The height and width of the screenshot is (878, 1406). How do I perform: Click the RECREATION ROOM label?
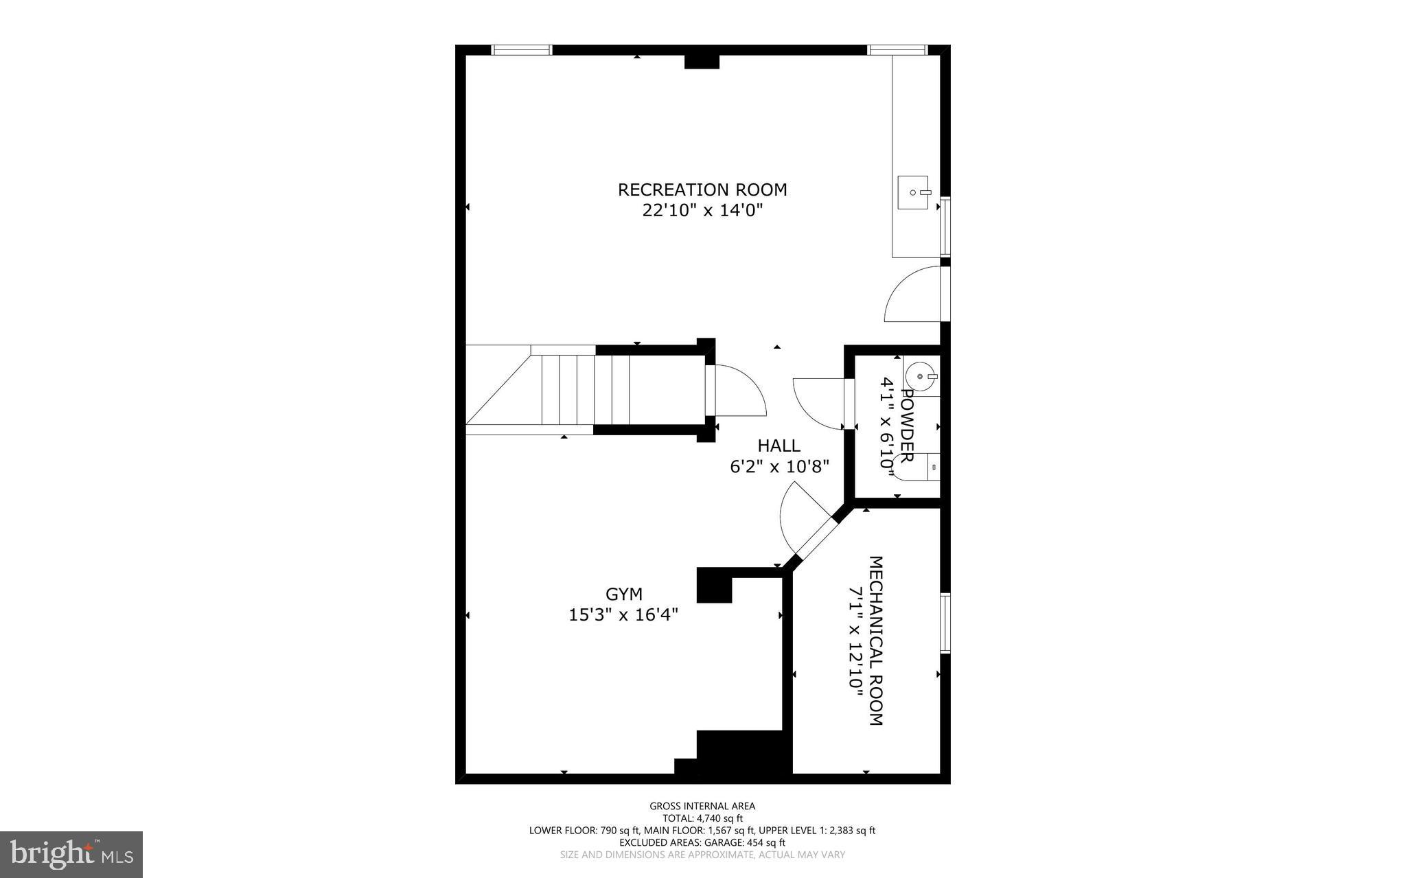pos(702,189)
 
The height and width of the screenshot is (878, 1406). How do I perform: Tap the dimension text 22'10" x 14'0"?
pos(702,210)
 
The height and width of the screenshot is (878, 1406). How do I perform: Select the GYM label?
pos(623,594)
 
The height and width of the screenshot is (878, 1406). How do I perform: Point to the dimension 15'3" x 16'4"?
pos(623,614)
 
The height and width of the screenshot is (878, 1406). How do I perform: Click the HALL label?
pos(779,446)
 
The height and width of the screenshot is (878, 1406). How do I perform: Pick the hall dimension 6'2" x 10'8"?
pos(779,467)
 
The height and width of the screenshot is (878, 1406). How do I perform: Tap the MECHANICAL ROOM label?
pos(876,640)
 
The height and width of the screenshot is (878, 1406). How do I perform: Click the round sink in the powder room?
pos(919,376)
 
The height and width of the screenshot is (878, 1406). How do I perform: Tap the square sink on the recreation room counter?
pos(913,192)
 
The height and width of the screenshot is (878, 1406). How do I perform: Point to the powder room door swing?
pos(817,402)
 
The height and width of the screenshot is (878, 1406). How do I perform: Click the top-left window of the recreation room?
pos(522,49)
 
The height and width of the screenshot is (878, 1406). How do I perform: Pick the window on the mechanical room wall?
pos(945,623)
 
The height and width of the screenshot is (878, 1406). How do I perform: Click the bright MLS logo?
pos(71,854)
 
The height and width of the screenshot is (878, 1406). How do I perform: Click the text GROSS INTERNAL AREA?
pos(702,806)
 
